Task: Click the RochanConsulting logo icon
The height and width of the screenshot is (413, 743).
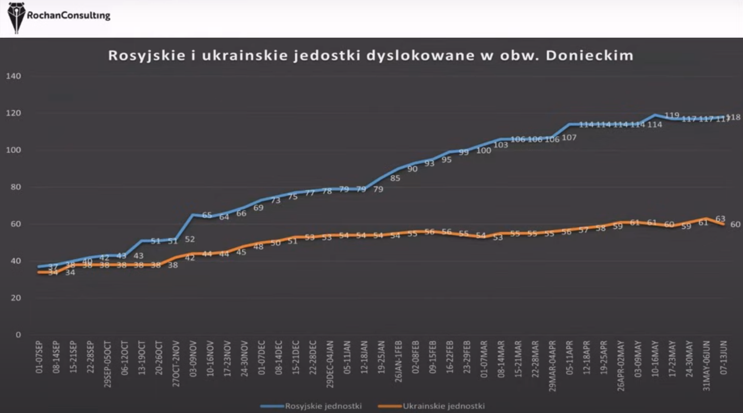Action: point(17,17)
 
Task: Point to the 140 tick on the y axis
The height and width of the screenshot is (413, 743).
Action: point(13,76)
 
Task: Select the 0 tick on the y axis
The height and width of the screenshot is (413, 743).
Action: point(18,335)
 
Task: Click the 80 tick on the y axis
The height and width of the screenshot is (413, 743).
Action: point(16,187)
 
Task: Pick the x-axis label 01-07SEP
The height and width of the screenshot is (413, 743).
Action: point(39,358)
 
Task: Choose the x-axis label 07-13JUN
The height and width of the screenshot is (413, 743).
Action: point(723,358)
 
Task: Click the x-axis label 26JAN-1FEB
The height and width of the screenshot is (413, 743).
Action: point(398,362)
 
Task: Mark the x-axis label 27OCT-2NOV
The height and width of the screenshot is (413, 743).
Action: point(176,362)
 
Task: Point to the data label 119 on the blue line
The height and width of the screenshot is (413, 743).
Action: point(672,115)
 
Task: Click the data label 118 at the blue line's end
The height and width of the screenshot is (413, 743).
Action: point(733,117)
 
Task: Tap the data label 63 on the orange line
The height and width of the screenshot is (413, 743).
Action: point(720,219)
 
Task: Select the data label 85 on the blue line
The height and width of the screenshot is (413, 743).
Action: point(395,179)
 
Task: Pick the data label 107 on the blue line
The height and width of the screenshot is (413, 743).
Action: point(569,138)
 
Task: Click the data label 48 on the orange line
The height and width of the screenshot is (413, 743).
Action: point(258,247)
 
